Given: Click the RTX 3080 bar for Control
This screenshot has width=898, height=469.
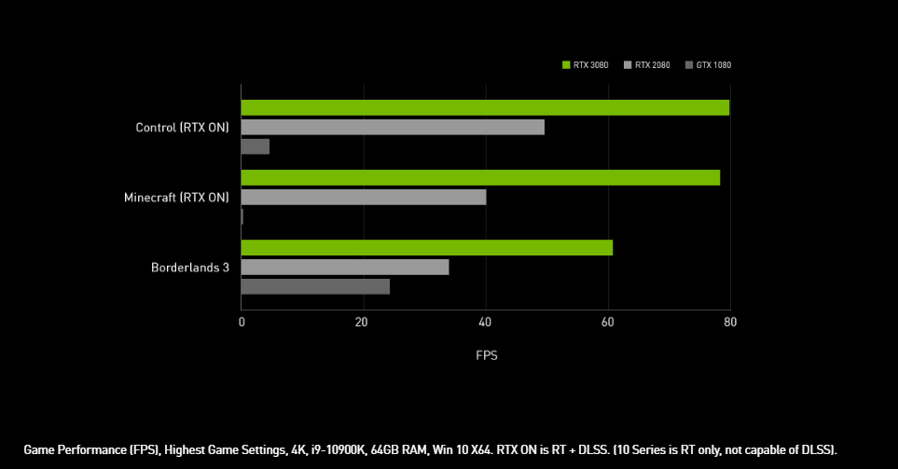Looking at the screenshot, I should (x=485, y=107).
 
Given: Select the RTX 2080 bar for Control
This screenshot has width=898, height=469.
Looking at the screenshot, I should (x=393, y=127).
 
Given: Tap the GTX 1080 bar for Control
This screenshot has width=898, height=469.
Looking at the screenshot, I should (x=256, y=146).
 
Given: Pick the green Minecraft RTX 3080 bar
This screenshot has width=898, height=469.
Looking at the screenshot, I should (x=480, y=177).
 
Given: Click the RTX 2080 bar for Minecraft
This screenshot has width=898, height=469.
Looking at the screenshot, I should (x=364, y=197).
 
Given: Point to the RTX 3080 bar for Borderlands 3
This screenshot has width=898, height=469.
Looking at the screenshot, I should (x=427, y=247).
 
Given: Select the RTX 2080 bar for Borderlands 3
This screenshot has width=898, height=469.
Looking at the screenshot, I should (x=345, y=267).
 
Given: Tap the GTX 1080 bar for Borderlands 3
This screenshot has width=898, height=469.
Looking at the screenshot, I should (x=315, y=286).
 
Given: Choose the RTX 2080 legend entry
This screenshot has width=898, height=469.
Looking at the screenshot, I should (x=652, y=64).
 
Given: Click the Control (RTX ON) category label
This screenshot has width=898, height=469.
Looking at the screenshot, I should (x=182, y=127).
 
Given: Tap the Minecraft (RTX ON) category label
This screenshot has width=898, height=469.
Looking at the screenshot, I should (x=176, y=197).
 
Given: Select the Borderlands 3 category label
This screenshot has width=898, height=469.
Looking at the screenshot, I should (x=189, y=267).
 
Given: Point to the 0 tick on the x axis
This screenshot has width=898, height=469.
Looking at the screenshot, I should (x=242, y=323).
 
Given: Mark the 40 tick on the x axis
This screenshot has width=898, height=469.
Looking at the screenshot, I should (x=485, y=323).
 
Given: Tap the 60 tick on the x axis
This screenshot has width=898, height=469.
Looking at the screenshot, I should (x=608, y=323).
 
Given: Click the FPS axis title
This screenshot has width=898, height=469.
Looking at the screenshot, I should (x=486, y=355).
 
